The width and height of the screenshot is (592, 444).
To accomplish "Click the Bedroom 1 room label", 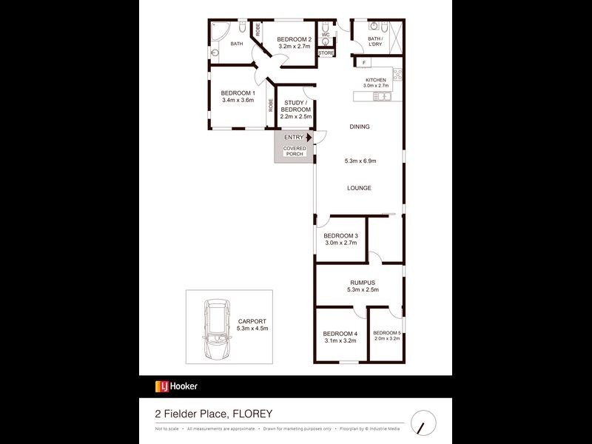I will [x=238, y=92].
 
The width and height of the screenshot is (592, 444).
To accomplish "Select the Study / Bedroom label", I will [x=295, y=110].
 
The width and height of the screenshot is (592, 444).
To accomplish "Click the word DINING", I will [x=360, y=127].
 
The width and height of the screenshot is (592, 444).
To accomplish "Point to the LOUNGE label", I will [x=360, y=188].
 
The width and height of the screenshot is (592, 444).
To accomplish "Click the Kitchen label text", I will [x=377, y=80].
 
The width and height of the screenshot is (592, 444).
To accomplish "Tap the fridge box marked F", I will [x=364, y=62].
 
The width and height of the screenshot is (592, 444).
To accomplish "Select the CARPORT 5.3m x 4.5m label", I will [x=252, y=324].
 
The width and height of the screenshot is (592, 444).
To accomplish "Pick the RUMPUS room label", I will [x=363, y=283].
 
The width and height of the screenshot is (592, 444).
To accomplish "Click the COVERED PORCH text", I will [x=295, y=151].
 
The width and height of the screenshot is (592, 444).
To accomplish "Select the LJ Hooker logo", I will [x=176, y=386].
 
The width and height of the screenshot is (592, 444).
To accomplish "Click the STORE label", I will [x=326, y=53].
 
